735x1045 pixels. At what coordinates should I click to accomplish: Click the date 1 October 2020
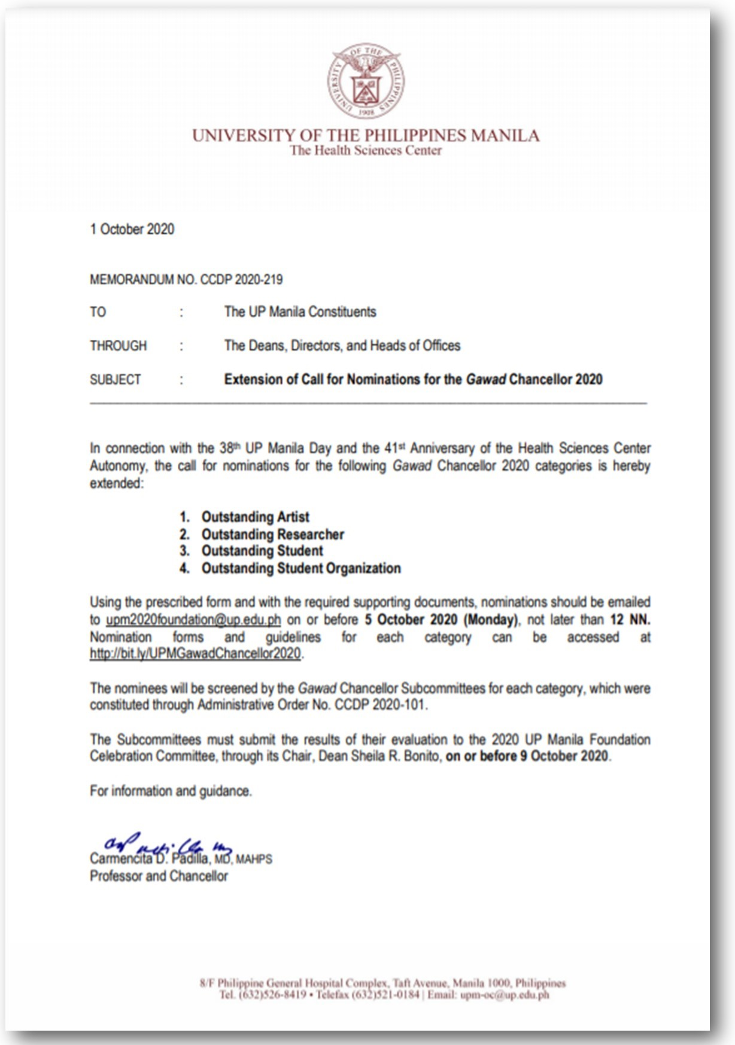(x=132, y=229)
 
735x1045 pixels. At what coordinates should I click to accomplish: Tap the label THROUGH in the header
(x=118, y=346)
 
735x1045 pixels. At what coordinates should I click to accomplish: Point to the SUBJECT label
(x=116, y=380)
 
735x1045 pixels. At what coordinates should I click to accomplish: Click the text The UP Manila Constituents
(x=300, y=312)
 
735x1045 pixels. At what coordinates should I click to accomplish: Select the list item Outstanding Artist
(x=255, y=517)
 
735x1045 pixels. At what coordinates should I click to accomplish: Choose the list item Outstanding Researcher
(x=272, y=534)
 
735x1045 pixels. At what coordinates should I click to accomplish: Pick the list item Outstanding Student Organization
(x=300, y=568)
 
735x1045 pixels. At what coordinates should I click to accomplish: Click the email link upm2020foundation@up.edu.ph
(x=193, y=620)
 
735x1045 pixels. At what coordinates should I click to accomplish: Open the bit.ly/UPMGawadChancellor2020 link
(x=195, y=654)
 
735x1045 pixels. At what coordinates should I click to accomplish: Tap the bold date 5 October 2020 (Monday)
(x=441, y=620)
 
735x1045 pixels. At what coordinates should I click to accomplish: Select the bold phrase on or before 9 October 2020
(x=527, y=756)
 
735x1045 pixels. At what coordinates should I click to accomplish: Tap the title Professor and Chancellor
(x=159, y=876)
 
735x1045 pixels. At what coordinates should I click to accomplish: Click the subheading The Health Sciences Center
(x=366, y=151)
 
